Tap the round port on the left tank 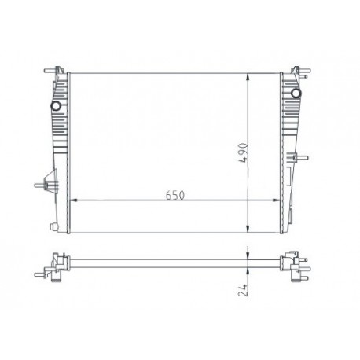56,105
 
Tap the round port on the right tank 296,95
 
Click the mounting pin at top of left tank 57,71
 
